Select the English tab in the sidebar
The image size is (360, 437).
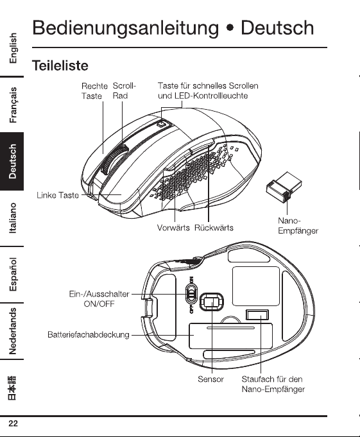[x=13, y=48]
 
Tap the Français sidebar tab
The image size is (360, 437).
[x=13, y=105]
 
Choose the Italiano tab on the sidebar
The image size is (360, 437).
[x=13, y=218]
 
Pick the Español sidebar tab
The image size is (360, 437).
[x=13, y=274]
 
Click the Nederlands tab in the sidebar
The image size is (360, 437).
[x=13, y=331]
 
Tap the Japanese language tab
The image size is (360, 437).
[x=12, y=388]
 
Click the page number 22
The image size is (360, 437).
[x=13, y=424]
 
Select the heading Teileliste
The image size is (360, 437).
[x=60, y=65]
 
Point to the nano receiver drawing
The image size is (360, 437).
[x=284, y=187]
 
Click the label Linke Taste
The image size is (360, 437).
[x=58, y=195]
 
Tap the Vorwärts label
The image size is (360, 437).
[x=173, y=228]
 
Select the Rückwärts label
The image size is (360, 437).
[x=214, y=228]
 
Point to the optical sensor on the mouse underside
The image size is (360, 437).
[x=212, y=302]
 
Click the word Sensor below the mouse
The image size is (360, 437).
[x=210, y=379]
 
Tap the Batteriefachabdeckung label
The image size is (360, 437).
[x=89, y=334]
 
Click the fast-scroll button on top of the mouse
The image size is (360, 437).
[x=161, y=124]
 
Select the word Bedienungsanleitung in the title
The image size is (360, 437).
[x=126, y=28]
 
